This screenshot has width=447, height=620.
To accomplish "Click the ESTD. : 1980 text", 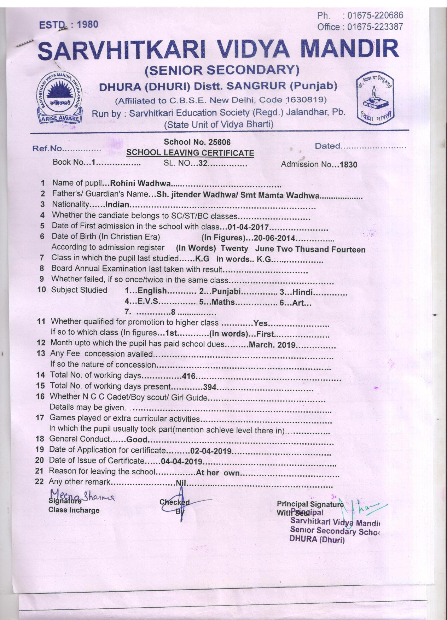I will (x=69, y=25).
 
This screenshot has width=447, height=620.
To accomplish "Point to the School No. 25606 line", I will (x=197, y=142).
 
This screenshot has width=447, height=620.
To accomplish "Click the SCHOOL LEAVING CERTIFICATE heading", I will (x=190, y=153).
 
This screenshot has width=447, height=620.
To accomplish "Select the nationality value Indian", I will (x=117, y=205).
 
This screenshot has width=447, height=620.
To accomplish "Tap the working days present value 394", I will (x=210, y=387).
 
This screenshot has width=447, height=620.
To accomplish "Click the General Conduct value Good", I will (x=137, y=440).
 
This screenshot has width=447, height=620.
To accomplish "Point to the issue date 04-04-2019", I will (x=181, y=462).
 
